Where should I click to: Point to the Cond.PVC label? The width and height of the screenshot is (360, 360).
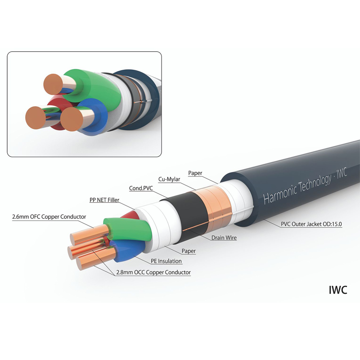(x=142, y=189)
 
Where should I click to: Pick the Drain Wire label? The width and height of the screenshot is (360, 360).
(x=224, y=238)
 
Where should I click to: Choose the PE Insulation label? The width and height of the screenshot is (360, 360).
(x=166, y=261)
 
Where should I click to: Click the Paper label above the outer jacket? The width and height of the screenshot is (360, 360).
(x=195, y=172)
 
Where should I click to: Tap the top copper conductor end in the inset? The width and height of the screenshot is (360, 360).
(x=54, y=84)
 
